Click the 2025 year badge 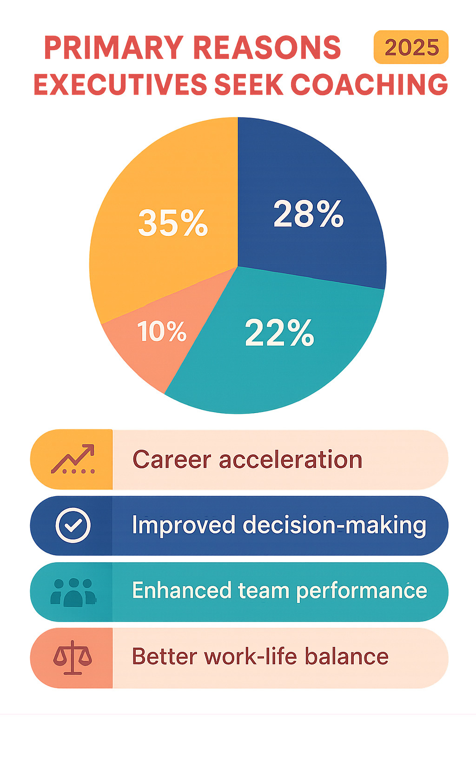411,47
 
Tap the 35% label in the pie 173,223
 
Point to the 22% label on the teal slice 279,333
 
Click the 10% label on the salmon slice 162,332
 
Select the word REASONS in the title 267,47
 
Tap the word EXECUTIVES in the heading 119,85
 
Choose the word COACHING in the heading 369,85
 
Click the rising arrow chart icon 73,459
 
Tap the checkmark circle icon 73,525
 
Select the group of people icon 73,592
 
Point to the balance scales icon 73,657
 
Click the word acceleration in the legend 290,460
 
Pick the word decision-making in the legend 334,526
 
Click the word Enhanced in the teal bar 181,591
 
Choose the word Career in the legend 172,460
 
